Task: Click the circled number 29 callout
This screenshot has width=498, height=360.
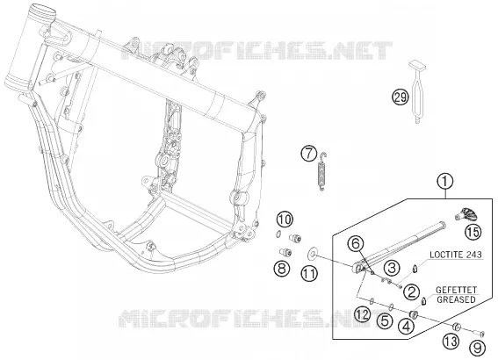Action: [x=400, y=97]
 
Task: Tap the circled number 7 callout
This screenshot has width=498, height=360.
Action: [x=309, y=153]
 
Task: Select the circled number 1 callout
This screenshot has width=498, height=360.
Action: [x=445, y=182]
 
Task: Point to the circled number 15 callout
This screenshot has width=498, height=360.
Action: [x=473, y=232]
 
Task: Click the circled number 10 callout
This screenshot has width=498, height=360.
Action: [x=285, y=220]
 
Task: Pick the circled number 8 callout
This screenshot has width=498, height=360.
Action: [x=282, y=269]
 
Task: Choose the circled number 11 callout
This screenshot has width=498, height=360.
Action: [x=309, y=274]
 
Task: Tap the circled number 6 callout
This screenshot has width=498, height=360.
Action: [x=356, y=244]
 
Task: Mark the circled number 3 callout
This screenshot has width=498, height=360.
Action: [x=392, y=268]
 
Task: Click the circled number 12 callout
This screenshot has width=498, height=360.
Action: [x=362, y=314]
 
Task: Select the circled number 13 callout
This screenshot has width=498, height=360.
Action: [x=451, y=342]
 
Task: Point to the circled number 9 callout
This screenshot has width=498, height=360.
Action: [x=477, y=349]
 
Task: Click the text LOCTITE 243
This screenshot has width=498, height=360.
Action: [x=456, y=255]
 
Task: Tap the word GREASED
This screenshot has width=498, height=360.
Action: [x=456, y=299]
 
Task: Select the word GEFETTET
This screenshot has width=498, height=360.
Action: [x=456, y=290]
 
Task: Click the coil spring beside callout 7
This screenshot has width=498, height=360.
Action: [x=321, y=171]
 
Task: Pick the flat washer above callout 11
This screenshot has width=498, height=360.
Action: [x=313, y=254]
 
